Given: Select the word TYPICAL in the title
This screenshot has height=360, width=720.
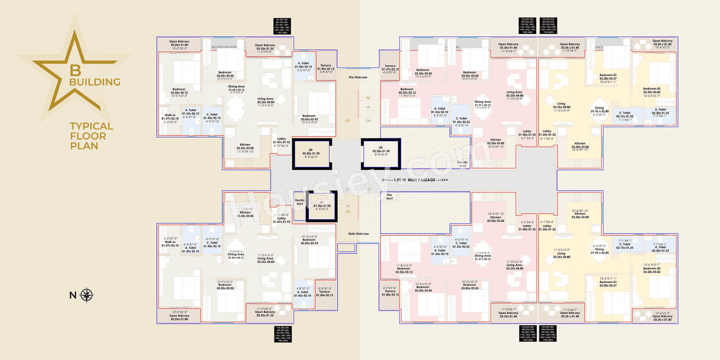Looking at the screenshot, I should click(91, 127).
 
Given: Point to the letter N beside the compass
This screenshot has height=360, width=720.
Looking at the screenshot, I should click(73, 295).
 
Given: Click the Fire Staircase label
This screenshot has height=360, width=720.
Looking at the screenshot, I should click(358, 77).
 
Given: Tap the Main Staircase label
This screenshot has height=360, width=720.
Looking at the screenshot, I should click(358, 233).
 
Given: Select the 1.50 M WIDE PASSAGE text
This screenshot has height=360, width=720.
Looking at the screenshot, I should click(415, 180).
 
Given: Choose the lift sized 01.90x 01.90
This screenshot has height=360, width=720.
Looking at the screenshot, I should click(321, 205).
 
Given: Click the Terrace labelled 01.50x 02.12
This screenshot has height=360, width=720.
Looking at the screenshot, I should click(326, 291).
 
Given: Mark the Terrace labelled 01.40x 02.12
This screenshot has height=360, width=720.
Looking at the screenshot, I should click(390, 291).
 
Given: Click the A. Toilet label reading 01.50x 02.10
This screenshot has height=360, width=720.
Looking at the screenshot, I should click(303, 65).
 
